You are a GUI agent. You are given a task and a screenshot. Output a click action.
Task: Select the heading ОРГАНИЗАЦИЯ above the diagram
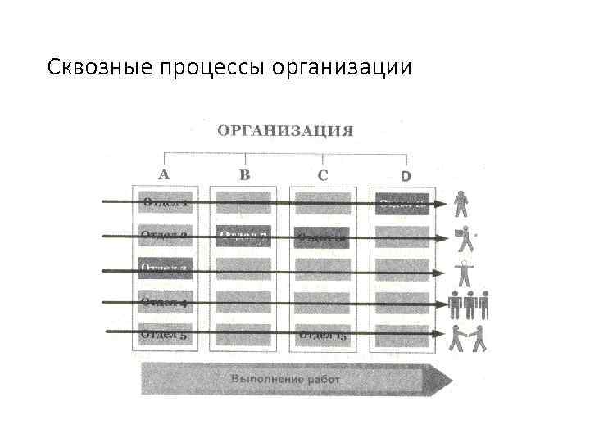[x=285, y=131]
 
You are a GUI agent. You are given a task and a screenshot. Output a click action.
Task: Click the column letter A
[x=164, y=174]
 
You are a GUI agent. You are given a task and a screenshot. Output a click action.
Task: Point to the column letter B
[x=244, y=174]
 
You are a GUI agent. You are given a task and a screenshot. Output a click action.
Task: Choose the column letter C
[x=323, y=174]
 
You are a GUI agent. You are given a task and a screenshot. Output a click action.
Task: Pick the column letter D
[x=405, y=175]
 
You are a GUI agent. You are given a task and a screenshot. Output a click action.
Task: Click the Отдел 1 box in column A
[x=166, y=202]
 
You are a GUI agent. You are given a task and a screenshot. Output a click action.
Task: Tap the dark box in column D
[x=402, y=204]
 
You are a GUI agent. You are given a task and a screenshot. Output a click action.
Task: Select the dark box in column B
[x=243, y=237]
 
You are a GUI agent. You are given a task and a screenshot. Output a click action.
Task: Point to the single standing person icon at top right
[x=462, y=203]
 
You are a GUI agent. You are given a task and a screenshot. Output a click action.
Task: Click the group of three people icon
[x=469, y=304]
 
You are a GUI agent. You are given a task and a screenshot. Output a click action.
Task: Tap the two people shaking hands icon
[x=468, y=337]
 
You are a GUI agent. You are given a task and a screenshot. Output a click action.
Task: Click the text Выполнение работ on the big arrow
[x=285, y=380]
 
